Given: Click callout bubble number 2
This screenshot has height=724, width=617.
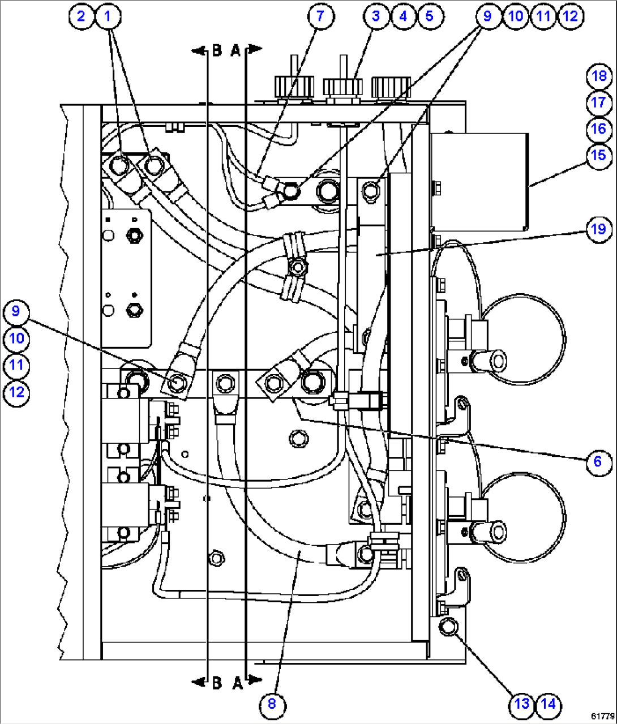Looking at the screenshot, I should click(81, 16).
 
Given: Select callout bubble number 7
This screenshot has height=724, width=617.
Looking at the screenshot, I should click(320, 16).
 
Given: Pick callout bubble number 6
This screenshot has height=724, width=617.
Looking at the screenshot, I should click(598, 462).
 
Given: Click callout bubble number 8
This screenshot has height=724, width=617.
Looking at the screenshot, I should click(272, 704).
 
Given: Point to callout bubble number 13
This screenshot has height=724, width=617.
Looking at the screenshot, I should click(521, 704).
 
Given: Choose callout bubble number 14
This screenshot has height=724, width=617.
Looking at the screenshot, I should click(548, 704).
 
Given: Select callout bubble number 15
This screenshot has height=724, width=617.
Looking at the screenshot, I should click(599, 156).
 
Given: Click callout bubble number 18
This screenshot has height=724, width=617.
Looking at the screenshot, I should click(599, 76).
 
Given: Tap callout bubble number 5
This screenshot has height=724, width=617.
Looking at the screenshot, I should click(430, 16).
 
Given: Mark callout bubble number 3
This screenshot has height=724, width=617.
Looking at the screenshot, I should click(376, 16).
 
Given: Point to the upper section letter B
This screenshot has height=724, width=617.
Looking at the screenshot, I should click(217, 51).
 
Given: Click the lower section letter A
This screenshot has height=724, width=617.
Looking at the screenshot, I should click(237, 684).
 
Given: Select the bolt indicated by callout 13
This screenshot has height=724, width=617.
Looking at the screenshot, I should click(448, 627).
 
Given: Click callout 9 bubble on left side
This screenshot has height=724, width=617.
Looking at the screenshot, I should click(16, 311).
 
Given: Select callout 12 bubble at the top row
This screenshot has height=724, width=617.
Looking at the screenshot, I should click(570, 16).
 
